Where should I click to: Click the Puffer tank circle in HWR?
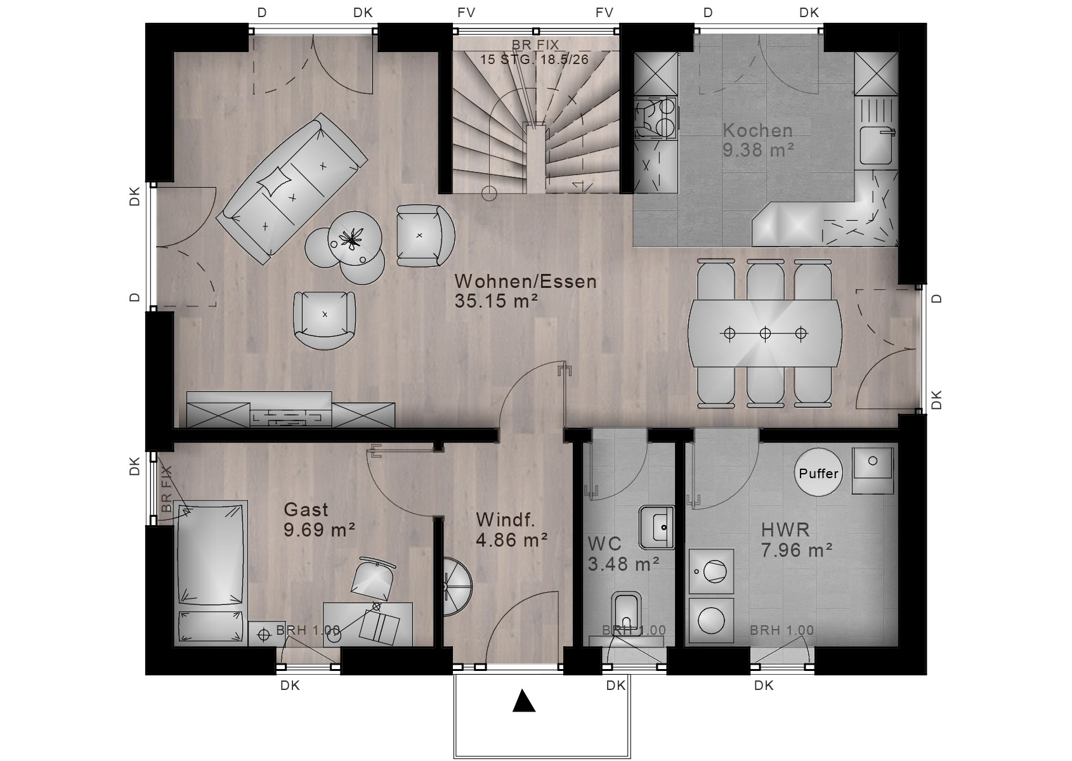coord(818,472)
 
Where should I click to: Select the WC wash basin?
coord(657,528)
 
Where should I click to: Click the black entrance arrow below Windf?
coord(523,701)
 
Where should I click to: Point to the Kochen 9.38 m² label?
coord(758,140)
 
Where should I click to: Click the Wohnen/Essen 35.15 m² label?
coord(525,291)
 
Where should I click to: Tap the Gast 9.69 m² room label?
coord(319,519)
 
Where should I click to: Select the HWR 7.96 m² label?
coord(797,540)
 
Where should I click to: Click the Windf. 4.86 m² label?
coord(512,530)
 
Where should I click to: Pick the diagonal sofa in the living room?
coord(292,188)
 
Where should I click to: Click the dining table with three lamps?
coord(764,333)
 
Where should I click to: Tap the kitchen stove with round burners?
coord(656,118)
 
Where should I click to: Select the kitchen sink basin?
coord(876,143)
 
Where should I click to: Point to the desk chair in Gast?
coord(373,578)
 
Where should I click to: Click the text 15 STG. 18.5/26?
coord(534,60)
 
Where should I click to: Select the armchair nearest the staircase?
coord(425,235)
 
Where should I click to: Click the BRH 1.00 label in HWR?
coord(781,630)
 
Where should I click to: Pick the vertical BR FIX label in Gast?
coord(166,489)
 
